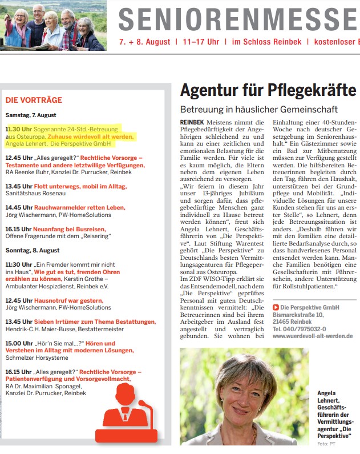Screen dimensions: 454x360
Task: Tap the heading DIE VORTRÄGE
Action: [34, 100]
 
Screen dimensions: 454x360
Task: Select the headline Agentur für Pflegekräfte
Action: [268, 91]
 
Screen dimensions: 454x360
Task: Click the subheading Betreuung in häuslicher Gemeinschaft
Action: [258, 109]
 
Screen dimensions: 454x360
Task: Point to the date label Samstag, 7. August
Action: [31, 115]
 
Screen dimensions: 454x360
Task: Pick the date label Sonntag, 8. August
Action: [33, 250]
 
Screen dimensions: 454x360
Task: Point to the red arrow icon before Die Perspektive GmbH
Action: [276, 307]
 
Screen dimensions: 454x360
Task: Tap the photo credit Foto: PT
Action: [327, 444]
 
